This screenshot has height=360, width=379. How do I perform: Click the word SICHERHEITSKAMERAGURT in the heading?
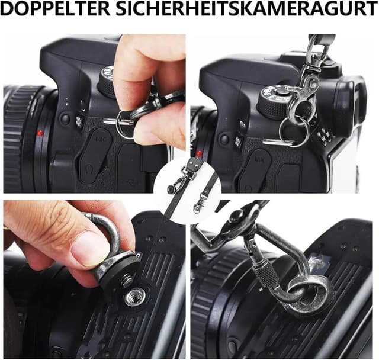(x=248, y=9)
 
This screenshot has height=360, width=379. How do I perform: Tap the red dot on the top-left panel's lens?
(x=40, y=133)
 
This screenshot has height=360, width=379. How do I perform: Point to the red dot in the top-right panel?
(x=199, y=153)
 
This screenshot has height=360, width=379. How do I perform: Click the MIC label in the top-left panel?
(x=102, y=139)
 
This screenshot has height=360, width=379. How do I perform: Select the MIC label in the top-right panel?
(x=260, y=159)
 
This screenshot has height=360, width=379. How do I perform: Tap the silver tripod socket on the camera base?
(x=135, y=297)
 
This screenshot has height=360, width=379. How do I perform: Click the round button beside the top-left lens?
(x=65, y=118)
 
